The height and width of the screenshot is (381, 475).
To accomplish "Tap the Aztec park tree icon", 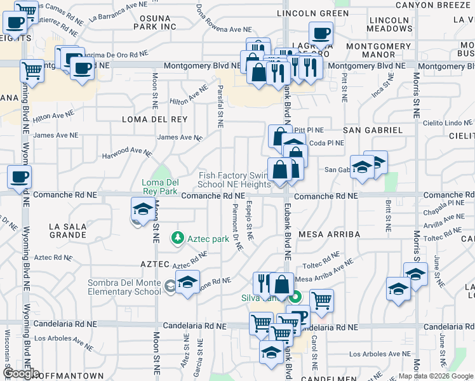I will [178, 239].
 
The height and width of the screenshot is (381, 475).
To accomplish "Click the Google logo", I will [20, 374].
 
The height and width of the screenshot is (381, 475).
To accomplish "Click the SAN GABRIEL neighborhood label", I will [373, 130].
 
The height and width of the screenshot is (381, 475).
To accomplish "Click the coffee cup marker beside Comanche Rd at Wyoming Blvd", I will [18, 177].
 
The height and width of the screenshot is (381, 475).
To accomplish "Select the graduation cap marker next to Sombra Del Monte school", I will [187, 282].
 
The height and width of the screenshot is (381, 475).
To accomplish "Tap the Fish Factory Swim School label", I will [234, 180].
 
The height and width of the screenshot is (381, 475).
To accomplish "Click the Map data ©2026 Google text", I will [436, 376].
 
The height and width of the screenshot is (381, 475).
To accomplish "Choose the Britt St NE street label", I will [387, 214].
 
